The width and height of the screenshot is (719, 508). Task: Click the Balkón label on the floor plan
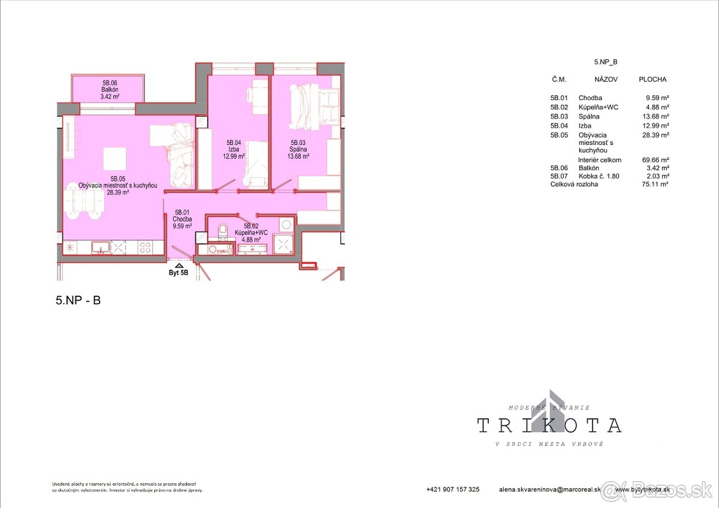(x=109, y=89)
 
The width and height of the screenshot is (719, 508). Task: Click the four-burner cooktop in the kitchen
(x=146, y=246)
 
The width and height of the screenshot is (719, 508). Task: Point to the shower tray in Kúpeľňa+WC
(x=283, y=244)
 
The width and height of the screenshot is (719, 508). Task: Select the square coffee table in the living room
(x=115, y=159)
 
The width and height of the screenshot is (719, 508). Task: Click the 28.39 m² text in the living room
(x=118, y=193)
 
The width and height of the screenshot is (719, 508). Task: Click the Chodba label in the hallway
(x=182, y=219)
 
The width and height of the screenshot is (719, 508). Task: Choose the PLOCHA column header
(x=652, y=79)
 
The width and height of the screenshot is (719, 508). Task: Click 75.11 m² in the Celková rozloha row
(x=655, y=185)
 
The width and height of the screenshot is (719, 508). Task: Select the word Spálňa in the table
(x=589, y=116)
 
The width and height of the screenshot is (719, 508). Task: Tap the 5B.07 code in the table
(x=560, y=176)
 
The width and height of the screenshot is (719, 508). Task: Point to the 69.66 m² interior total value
(x=655, y=160)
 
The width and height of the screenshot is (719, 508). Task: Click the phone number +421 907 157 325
(x=453, y=489)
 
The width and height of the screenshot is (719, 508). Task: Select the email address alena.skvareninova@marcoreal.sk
(x=550, y=489)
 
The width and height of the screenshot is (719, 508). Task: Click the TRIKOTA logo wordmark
(x=549, y=425)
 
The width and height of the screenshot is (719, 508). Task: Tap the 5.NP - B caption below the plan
(x=78, y=301)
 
